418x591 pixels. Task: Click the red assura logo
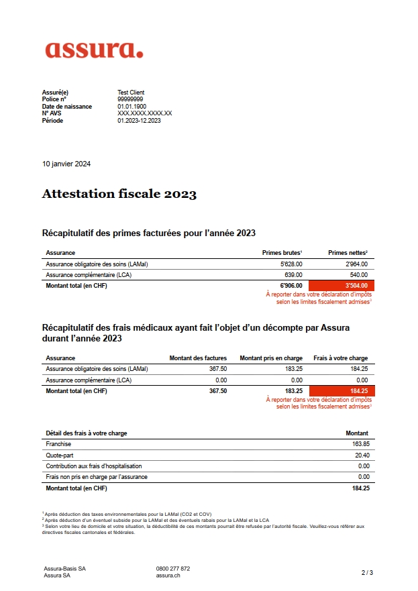[94, 50]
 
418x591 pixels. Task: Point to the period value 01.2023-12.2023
[139, 121]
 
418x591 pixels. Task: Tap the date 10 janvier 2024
[66, 164]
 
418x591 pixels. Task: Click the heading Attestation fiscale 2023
[119, 195]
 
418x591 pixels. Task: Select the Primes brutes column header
[281, 253]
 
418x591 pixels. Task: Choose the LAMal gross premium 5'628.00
[291, 264]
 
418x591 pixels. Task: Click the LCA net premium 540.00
[359, 275]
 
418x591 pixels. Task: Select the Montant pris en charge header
[270, 358]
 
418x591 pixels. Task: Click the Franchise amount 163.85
[360, 444]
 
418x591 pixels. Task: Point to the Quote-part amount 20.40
[362, 455]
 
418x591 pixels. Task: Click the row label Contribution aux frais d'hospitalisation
[94, 466]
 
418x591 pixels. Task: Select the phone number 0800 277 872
[172, 568]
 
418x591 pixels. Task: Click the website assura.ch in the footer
[168, 575]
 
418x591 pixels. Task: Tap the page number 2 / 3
[367, 572]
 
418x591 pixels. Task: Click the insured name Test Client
[131, 93]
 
